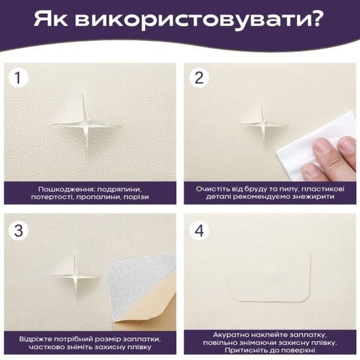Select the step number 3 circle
[19, 231]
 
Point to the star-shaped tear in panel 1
[87, 126]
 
